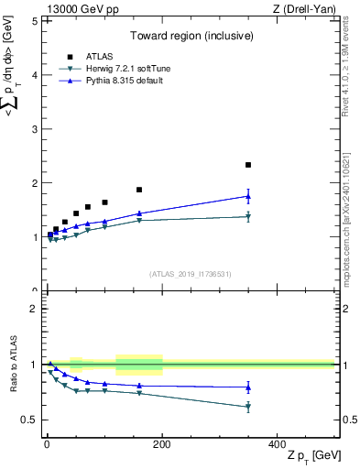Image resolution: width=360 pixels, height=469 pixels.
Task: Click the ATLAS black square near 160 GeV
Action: point(139,190)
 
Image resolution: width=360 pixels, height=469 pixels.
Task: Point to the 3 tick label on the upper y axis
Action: point(34,129)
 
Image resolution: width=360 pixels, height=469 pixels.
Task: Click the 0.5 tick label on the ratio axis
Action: point(29,420)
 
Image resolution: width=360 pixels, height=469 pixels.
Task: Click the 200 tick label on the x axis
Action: point(161,443)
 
